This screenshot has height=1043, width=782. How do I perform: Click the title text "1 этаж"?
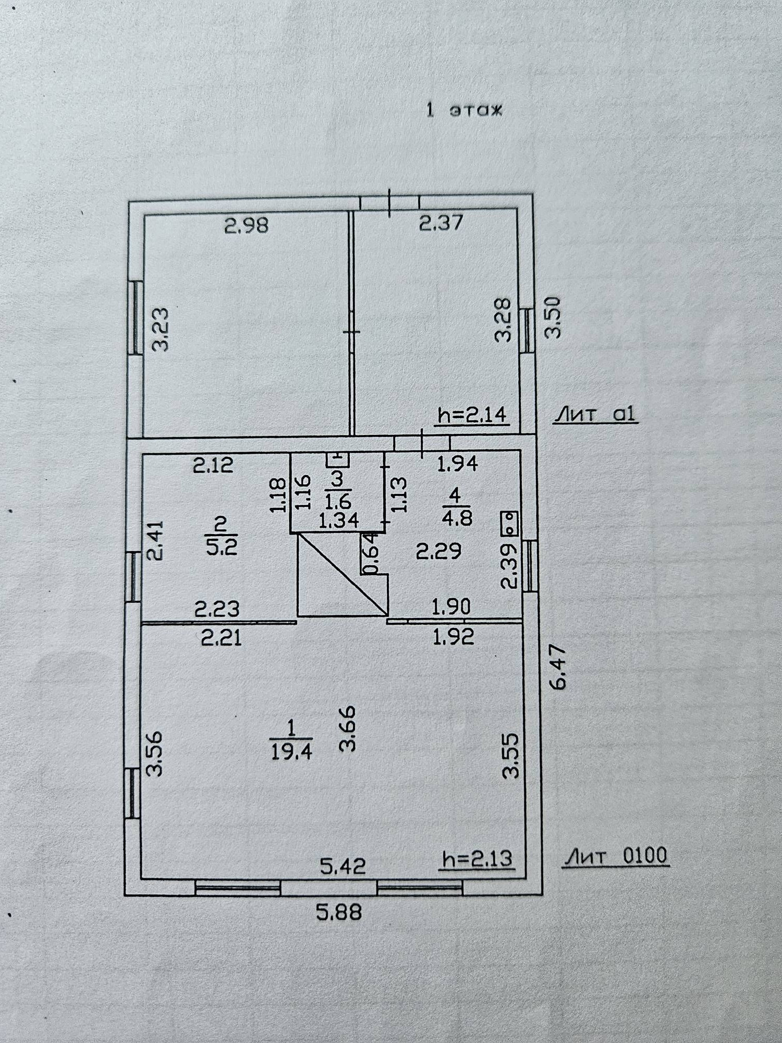463,111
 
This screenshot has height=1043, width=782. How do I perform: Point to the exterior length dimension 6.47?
557,668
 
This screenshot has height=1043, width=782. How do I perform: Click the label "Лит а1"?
595,415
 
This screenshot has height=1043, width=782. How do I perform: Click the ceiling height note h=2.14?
472,415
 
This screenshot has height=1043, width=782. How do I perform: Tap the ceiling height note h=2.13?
477,858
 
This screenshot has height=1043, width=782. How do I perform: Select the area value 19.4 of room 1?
291,751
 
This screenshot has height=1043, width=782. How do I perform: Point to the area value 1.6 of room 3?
338,501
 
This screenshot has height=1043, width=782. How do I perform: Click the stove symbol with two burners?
509,523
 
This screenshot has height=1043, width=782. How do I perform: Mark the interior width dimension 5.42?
343,867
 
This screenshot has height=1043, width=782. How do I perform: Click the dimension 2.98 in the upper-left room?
246,225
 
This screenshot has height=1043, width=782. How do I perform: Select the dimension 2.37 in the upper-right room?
441,223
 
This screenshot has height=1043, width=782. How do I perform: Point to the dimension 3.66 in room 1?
348,729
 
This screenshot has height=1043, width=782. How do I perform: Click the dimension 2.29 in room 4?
438,551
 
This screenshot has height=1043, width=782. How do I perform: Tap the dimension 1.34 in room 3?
338,520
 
